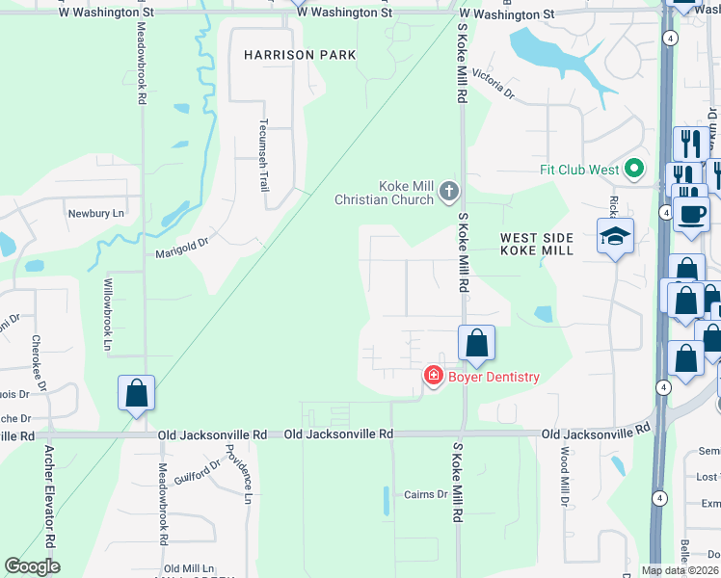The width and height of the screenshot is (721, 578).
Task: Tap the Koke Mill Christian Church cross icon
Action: tap(447, 191)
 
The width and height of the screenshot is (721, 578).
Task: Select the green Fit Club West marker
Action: tap(633, 171)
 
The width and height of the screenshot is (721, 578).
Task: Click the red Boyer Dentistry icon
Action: tap(434, 377)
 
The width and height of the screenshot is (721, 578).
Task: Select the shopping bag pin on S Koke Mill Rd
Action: tap(476, 342)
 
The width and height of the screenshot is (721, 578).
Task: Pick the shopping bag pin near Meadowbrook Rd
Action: tap(136, 393)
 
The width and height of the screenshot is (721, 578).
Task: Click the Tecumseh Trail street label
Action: tap(262, 155)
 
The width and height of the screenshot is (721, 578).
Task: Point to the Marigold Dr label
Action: tap(182, 254)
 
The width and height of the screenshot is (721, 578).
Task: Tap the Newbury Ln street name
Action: tap(97, 213)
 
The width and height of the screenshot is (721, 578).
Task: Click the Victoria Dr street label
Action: tap(494, 86)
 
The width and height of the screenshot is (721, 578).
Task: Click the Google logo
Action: tap(32, 565)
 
